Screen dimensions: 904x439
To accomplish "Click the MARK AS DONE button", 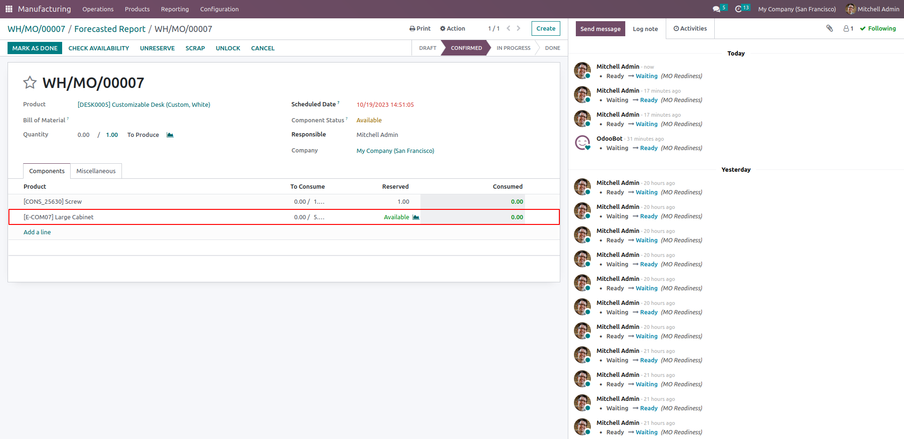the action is pos(35,48).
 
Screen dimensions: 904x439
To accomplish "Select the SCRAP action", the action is pos(195,48).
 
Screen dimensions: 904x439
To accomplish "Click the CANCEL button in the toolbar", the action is pos(263,48).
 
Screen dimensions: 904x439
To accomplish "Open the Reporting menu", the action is pos(175,9).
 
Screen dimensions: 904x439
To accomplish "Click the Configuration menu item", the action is pos(219,9).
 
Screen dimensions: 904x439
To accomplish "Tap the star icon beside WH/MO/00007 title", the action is pos(30,83).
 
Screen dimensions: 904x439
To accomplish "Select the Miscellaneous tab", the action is pos(96,171).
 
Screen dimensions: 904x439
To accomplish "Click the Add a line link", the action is pos(37,232).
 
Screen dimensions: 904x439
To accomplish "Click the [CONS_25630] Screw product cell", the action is pos(53,201).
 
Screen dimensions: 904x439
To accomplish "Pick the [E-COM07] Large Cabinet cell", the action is pos(58,217).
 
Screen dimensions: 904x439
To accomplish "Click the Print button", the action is pos(420,28).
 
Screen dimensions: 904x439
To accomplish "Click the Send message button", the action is pos(600,29).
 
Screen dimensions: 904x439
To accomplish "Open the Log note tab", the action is pos(645,29).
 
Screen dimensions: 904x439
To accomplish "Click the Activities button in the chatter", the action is pos(690,28).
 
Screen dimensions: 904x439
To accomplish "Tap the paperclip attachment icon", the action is pos(830,28).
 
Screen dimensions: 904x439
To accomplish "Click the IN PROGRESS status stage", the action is pos(513,48).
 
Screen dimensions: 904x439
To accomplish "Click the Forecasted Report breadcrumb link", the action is pos(110,29).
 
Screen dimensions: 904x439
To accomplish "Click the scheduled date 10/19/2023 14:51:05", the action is pos(385,104).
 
